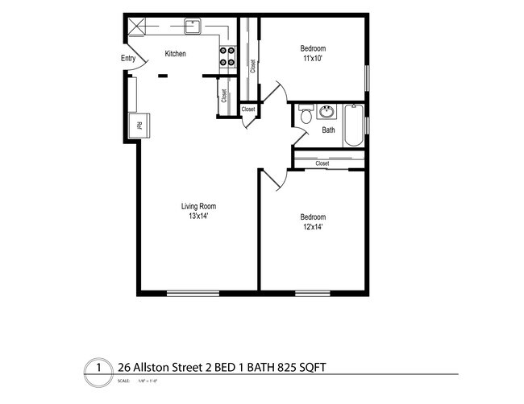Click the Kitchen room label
pos(175,54)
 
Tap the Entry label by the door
pos(128,58)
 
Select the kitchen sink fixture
pos(192,27)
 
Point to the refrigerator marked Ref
pos(138,126)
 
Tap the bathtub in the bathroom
pos(353,126)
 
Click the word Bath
pos(329,130)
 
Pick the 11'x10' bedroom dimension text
pos(313,59)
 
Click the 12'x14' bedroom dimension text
pos(313,227)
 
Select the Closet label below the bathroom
pos(322,163)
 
